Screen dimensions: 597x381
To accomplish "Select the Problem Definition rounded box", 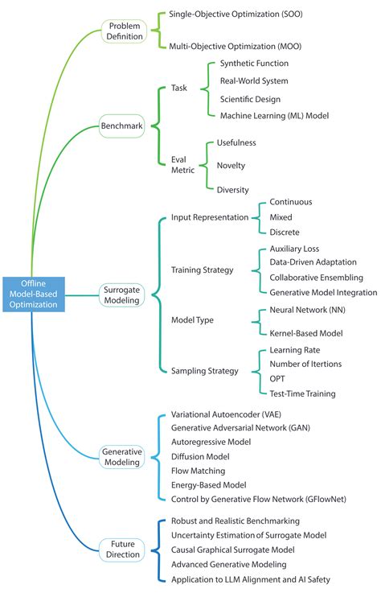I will coord(125,31).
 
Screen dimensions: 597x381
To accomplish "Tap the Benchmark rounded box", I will coord(122,126).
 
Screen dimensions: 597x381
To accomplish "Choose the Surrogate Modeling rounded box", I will coord(122,294).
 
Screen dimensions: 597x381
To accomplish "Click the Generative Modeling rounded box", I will coord(122,458).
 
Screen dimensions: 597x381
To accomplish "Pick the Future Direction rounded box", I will coord(122,550).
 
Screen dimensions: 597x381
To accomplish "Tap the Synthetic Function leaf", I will coord(254,64).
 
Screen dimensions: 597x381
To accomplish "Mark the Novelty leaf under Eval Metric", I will coord(231,166).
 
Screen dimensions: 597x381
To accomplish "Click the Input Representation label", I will coord(210,217).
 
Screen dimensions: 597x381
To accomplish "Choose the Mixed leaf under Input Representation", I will coord(281,217).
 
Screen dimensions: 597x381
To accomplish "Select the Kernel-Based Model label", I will coord(305,332).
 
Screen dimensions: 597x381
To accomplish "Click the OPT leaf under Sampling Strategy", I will coord(278,379).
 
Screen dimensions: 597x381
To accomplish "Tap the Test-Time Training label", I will coord(302,393).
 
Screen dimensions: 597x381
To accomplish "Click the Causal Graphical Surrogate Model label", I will coord(233,550).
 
